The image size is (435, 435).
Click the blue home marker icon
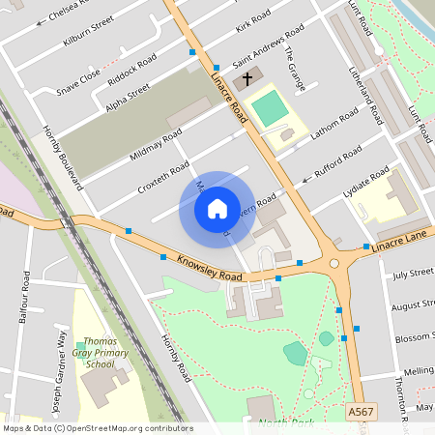pyautogui.click(x=217, y=209)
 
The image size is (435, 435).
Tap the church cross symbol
pyautogui.click(x=246, y=78)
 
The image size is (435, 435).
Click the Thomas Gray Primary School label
pyautogui.click(x=100, y=353)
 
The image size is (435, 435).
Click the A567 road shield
pyautogui.click(x=360, y=412)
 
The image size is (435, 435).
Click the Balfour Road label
pyautogui.click(x=24, y=297)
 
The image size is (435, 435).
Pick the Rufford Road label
pyautogui.click(x=337, y=160)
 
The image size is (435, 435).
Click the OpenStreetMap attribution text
pyautogui.click(x=97, y=428)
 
